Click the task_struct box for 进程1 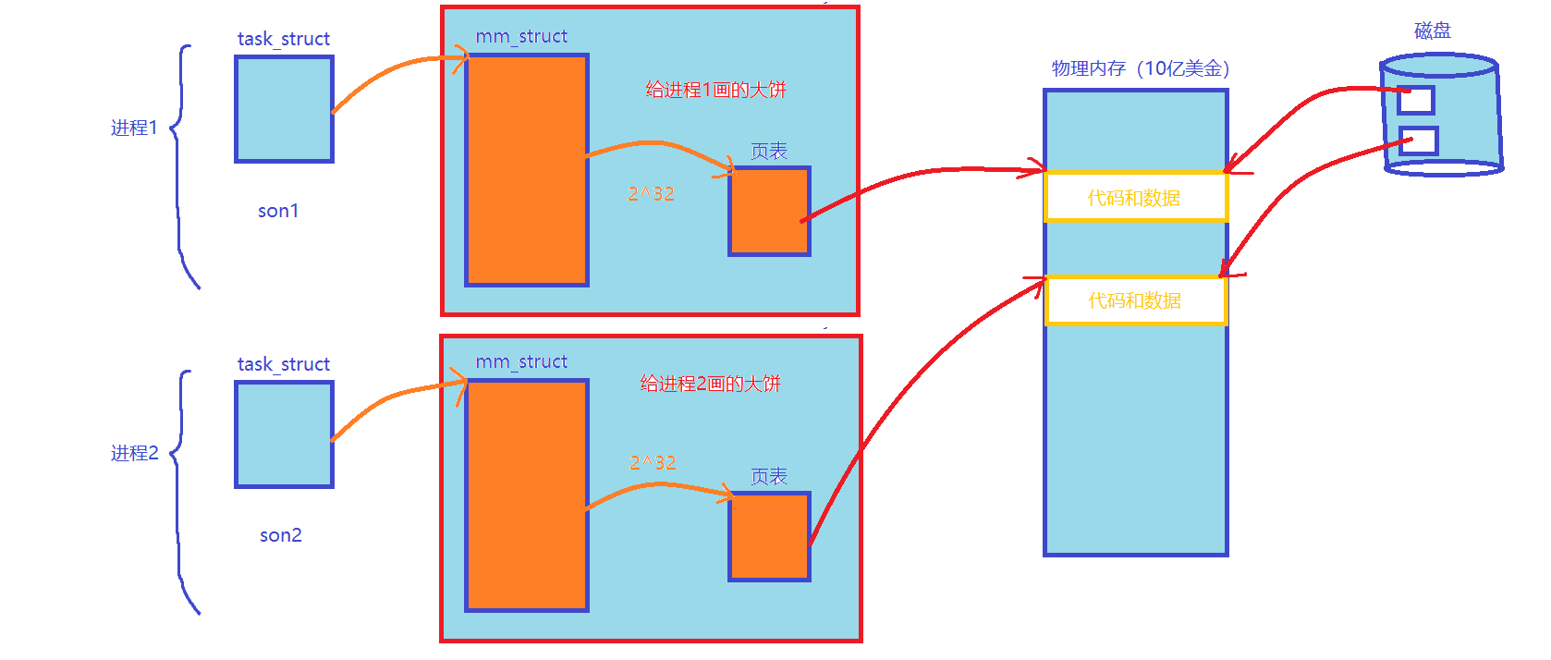click(284, 109)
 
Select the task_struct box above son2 click(284, 434)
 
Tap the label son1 click(278, 211)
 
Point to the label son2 click(281, 535)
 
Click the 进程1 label click(135, 128)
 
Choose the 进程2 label click(135, 453)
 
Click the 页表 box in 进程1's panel click(769, 211)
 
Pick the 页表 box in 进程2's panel click(769, 536)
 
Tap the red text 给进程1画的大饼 click(715, 90)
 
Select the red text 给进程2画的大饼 click(711, 384)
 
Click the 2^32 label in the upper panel click(651, 193)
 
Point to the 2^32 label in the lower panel click(653, 462)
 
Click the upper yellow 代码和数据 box click(1135, 197)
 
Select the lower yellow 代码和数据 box click(1135, 300)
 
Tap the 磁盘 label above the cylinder click(1433, 31)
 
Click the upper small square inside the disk click(1415, 100)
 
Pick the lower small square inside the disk click(1419, 141)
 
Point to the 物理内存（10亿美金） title click(1141, 68)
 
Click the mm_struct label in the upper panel click(521, 36)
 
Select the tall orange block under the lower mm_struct click(527, 495)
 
